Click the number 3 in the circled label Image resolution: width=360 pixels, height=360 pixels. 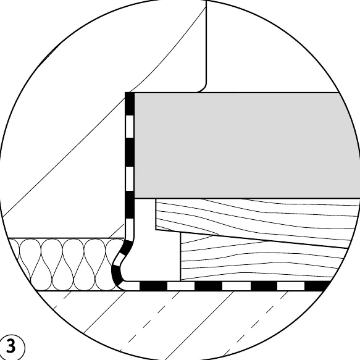point(10,346)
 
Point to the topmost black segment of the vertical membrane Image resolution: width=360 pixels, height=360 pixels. point(130,104)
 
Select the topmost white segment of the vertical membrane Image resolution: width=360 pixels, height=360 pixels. point(130,126)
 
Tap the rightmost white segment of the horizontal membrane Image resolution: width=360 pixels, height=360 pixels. point(291,286)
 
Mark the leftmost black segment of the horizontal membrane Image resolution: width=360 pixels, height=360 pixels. point(153,286)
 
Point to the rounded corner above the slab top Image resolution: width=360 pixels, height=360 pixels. point(203,88)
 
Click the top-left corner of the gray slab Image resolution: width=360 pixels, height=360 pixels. point(135,93)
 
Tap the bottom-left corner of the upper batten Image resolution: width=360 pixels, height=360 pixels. point(156,230)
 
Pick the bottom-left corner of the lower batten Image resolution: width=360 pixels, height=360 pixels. point(181,280)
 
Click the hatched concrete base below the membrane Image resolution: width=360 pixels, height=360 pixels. point(179,324)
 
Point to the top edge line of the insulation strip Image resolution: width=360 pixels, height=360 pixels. point(66,238)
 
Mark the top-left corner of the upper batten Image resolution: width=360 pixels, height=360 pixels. point(156,199)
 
